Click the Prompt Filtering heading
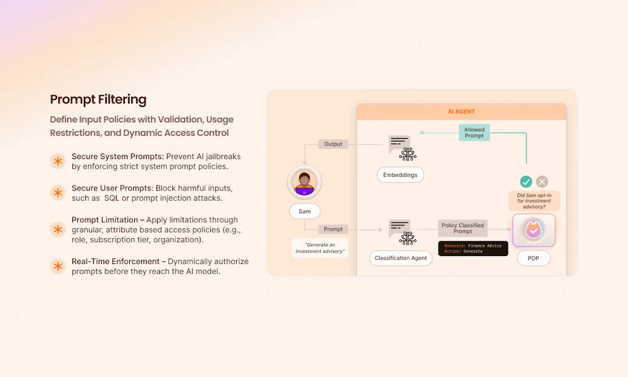click(98, 99)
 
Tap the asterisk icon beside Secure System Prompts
click(58, 161)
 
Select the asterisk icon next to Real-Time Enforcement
click(58, 266)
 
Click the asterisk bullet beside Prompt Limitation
click(58, 230)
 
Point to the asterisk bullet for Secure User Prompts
click(58, 193)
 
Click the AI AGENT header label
click(461, 112)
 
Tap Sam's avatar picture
click(304, 182)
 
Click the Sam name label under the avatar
click(304, 211)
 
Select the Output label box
click(333, 144)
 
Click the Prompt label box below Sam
click(333, 229)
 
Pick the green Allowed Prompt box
click(474, 133)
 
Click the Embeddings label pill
click(400, 175)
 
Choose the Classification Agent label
click(400, 258)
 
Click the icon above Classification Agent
click(402, 232)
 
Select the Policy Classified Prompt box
click(462, 228)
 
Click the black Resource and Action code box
click(473, 249)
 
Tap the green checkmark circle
click(526, 182)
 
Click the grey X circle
click(542, 182)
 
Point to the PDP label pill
click(533, 258)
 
